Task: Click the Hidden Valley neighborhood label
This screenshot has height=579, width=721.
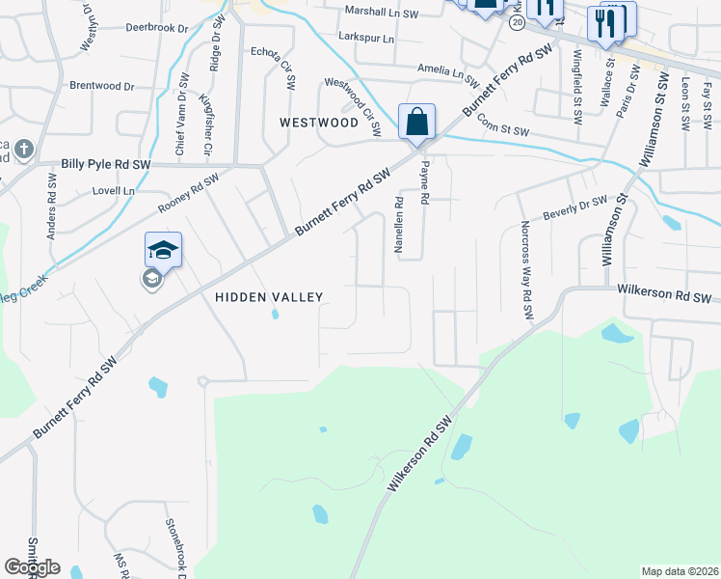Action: point(268,297)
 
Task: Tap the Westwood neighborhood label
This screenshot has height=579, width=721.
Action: point(318,123)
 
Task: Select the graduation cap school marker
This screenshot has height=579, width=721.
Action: point(163,251)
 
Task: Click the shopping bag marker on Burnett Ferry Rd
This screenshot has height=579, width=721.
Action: point(416,123)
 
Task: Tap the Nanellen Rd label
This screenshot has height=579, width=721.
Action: point(398,226)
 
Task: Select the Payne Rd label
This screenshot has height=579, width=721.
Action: point(423,181)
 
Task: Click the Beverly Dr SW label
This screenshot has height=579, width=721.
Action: point(575,206)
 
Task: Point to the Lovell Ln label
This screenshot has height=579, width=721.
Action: point(114,191)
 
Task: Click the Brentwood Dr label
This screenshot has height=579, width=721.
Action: point(101,86)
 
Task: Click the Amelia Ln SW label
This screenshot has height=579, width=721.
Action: point(448,69)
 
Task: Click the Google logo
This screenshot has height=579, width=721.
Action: point(32,567)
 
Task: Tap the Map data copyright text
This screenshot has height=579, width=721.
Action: point(679,571)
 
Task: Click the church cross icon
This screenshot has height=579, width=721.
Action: point(24,150)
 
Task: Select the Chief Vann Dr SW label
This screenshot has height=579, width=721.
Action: point(179,124)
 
